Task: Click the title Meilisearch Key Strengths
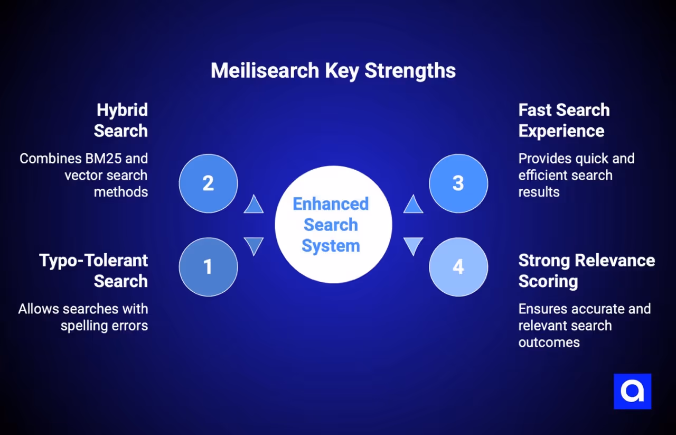[x=333, y=71]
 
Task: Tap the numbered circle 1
[x=208, y=267]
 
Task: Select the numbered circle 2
[x=208, y=183]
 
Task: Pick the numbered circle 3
[x=458, y=183]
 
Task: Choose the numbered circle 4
[x=458, y=267]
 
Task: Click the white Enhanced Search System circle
[x=333, y=225]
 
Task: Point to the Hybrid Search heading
[x=121, y=121]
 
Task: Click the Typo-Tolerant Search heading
[x=93, y=271]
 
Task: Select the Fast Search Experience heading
[x=564, y=121]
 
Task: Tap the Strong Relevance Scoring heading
[x=586, y=271]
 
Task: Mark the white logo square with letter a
[x=632, y=391]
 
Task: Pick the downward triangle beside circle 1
[x=253, y=245]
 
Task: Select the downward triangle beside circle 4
[x=413, y=245]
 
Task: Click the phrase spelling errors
[x=104, y=326]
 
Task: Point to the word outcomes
[x=549, y=343]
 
